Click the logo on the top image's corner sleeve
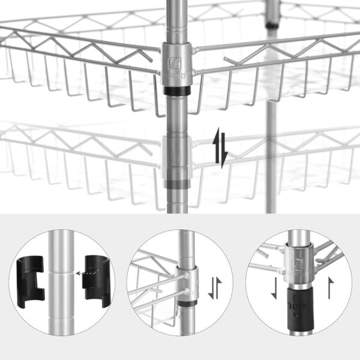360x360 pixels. pyautogui.click(x=176, y=61)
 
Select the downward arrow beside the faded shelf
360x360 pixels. pyautogui.click(x=225, y=155)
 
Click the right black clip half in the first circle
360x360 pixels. pyautogui.click(x=94, y=277)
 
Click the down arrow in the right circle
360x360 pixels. pyautogui.click(x=274, y=287)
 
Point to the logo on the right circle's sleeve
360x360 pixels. pyautogui.click(x=298, y=263)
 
